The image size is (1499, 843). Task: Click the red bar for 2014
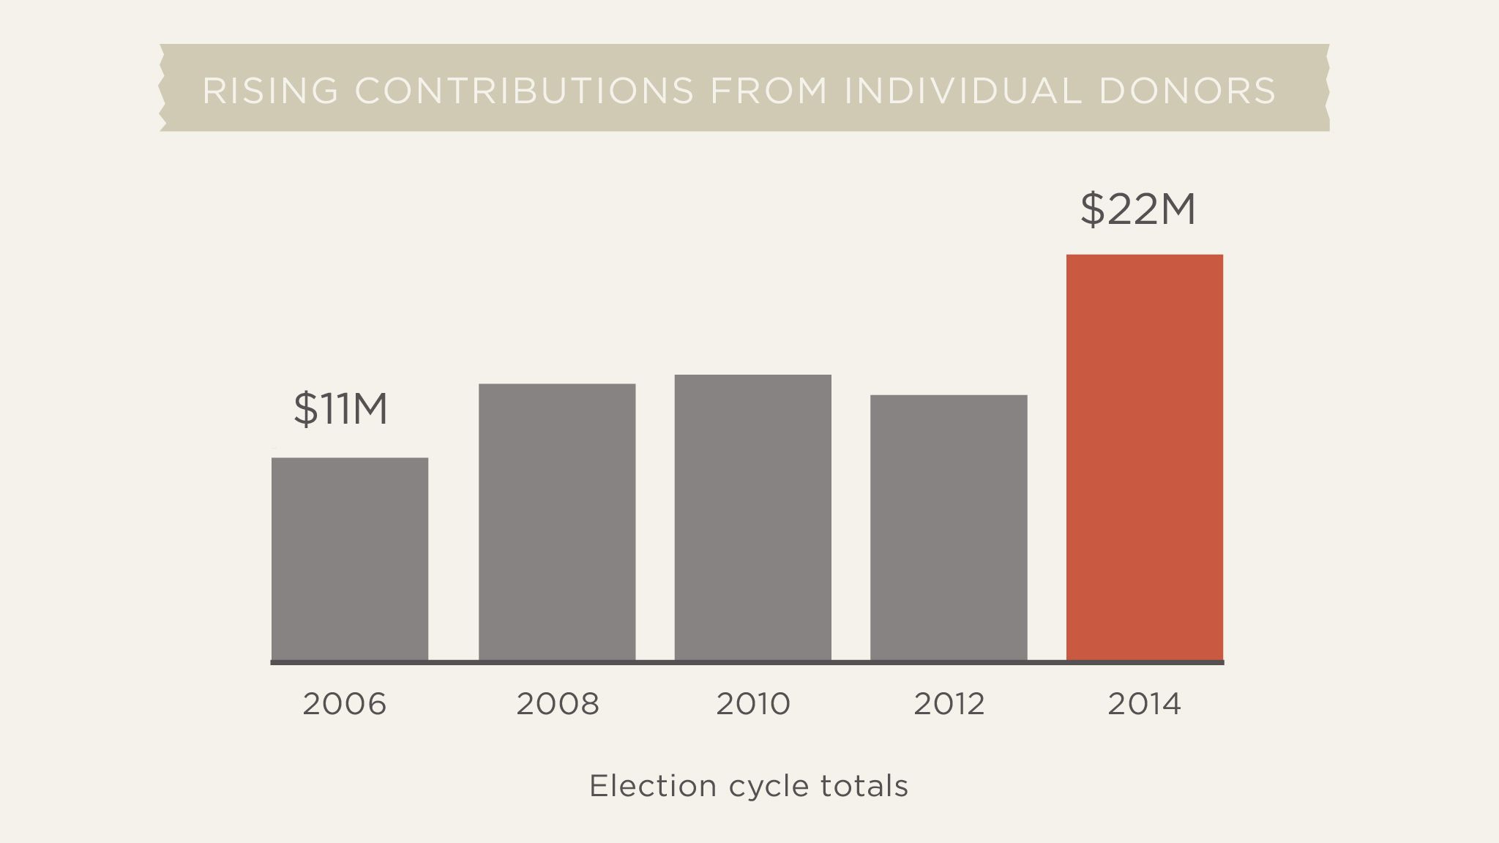coord(1144,457)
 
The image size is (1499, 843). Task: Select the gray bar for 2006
coord(350,559)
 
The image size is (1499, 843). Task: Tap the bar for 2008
coord(557,522)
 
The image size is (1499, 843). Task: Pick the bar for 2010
coord(752,517)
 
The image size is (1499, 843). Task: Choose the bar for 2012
coord(949,528)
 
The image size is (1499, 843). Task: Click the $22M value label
coord(1137,209)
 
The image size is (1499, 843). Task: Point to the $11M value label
coord(340,408)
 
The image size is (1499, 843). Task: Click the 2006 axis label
coord(344,704)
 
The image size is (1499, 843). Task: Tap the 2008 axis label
coord(558,704)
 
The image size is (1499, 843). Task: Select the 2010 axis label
coord(753,704)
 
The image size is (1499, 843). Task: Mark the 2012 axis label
coord(949,704)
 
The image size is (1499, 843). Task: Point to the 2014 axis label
coord(1144,704)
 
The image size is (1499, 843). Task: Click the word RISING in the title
coord(270,91)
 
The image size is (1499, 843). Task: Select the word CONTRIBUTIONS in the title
coord(524,91)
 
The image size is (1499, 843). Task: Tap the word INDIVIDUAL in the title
coord(962,91)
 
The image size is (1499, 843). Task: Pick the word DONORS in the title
coord(1187,91)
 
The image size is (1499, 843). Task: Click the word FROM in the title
coord(769,91)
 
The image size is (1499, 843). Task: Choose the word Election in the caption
coord(653,786)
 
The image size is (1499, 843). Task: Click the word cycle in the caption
coord(769,787)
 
